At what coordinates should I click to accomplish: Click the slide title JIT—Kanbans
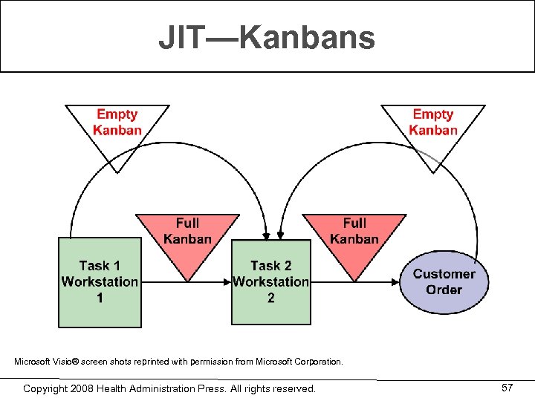tap(267, 38)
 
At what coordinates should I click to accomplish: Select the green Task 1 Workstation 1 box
tap(100, 281)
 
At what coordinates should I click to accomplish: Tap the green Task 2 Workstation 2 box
tap(270, 281)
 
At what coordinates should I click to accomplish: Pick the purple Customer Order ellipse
tap(444, 281)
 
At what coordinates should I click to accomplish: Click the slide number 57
tap(508, 388)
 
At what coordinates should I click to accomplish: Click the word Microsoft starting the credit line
tap(33, 362)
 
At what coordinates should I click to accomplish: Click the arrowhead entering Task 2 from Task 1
tap(227, 282)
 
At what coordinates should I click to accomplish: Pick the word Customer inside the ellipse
tap(444, 274)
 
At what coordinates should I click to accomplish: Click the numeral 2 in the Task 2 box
tap(270, 298)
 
